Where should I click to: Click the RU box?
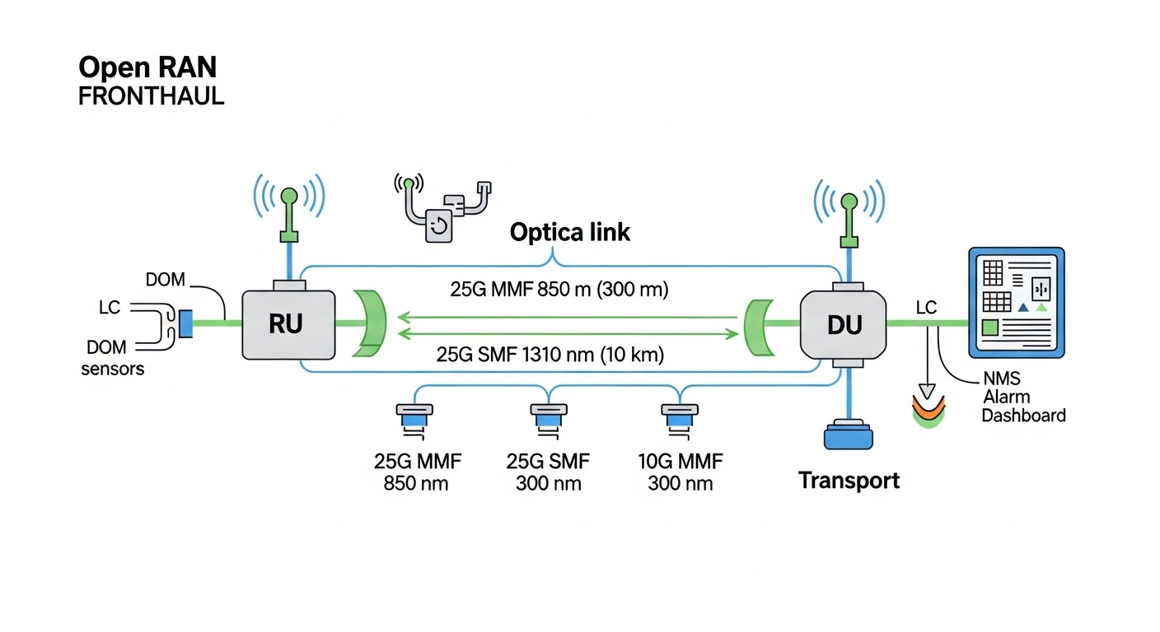pos(288,323)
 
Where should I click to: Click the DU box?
pos(843,326)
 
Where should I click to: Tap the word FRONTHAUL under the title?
pos(151,95)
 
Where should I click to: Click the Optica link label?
pos(569,232)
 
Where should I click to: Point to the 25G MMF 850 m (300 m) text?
pos(559,290)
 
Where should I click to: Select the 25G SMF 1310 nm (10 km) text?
pos(550,355)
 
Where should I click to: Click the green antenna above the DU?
pos(849,216)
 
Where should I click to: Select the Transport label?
pos(849,480)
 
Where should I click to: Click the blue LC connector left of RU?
pos(185,323)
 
